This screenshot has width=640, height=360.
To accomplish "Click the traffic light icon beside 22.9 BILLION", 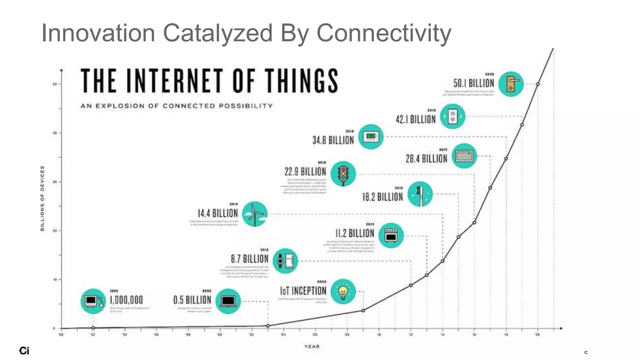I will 343,174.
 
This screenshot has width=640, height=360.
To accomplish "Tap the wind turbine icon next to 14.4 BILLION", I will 255,214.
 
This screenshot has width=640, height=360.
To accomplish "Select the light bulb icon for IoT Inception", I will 343,292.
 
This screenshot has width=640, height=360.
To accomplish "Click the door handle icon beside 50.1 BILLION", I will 511,84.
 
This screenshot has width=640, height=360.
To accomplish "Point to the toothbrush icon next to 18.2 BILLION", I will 420,194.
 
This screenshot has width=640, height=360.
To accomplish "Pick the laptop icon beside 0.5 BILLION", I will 228,301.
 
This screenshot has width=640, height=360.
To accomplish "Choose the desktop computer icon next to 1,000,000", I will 93,301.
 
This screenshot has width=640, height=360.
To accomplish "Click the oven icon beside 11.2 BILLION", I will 391,236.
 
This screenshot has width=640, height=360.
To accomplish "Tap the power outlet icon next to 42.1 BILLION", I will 452,117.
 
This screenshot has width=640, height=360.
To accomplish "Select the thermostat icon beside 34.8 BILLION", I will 371,137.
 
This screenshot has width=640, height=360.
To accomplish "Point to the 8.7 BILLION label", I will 249,259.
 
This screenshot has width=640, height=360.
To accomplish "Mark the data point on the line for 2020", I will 538,84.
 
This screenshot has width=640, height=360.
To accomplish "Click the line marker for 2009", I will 363,310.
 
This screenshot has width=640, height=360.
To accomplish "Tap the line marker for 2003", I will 268,326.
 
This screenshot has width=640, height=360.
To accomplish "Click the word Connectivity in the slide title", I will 384,33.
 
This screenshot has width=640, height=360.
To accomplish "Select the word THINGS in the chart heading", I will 302,81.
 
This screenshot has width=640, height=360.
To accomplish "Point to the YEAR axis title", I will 312,346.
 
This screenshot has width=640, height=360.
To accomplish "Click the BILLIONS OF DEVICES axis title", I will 42,198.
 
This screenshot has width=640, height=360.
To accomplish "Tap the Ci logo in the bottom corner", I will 24,351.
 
